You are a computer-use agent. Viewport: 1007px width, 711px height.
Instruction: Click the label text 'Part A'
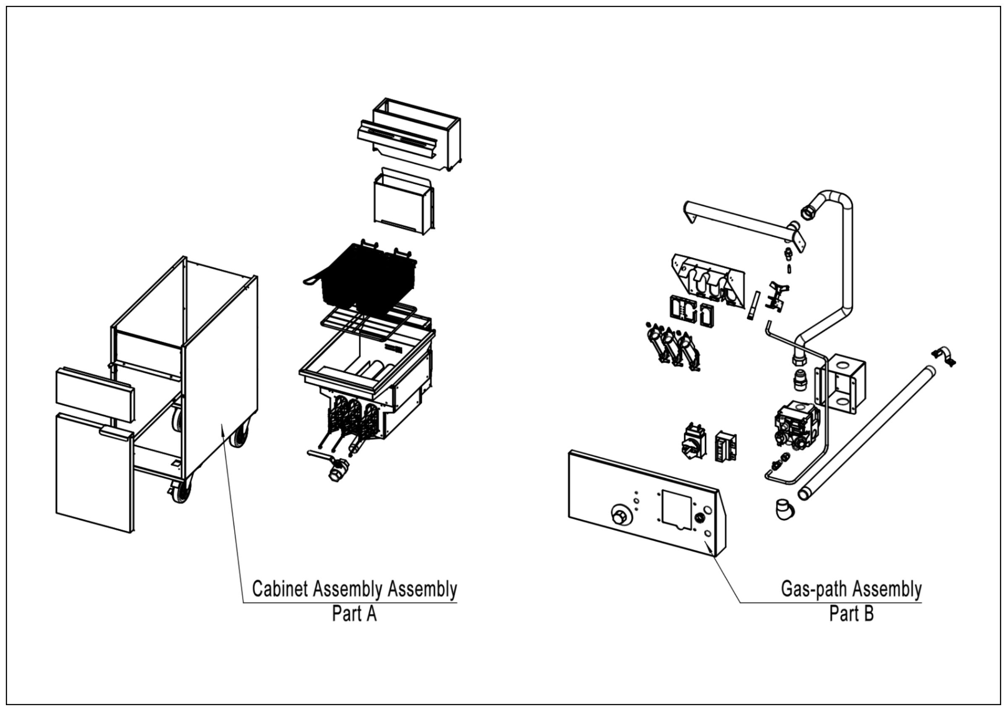(354, 614)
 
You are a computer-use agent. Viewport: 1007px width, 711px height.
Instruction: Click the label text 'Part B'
(851, 614)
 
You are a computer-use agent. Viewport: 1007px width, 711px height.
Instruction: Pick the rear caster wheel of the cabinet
(240, 434)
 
